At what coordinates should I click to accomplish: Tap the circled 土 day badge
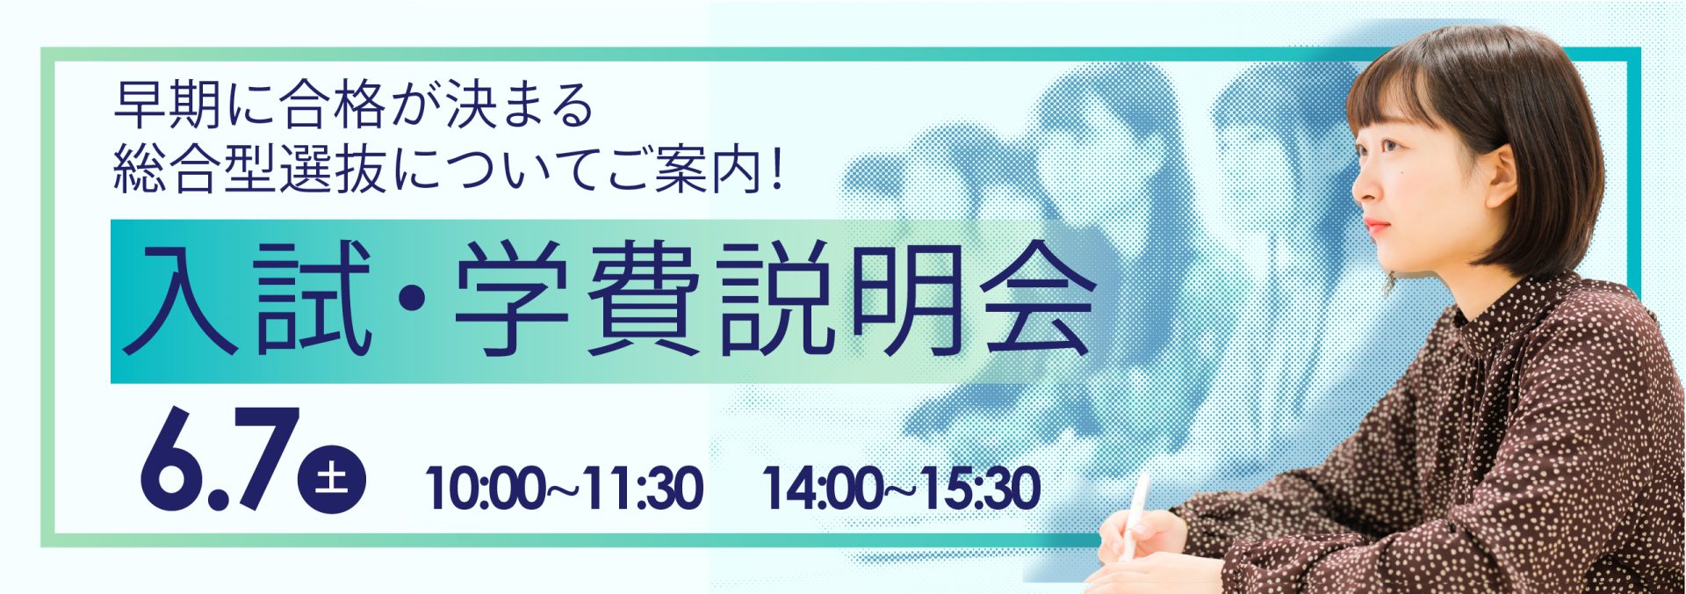332,480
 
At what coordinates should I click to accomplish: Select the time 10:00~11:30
565,489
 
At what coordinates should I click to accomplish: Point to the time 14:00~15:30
902,489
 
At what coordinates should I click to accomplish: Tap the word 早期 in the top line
168,105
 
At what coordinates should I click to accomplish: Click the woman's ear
1501,176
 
